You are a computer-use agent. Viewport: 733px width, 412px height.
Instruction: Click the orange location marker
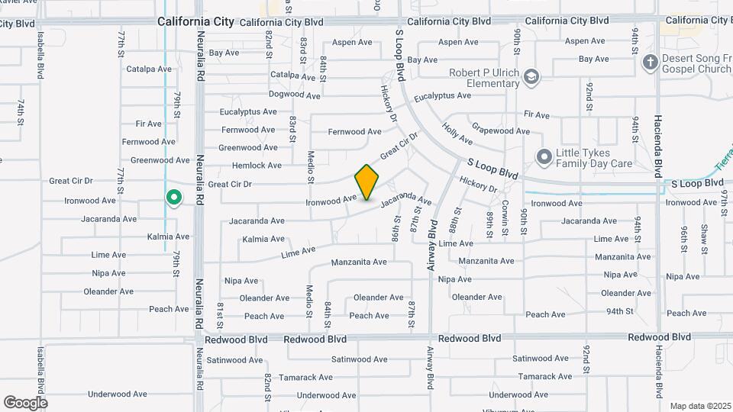click(367, 182)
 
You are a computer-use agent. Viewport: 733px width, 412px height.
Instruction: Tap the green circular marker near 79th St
click(173, 198)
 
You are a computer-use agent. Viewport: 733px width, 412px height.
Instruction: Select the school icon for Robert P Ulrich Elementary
click(531, 76)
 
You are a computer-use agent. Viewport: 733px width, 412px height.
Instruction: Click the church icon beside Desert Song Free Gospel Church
click(650, 62)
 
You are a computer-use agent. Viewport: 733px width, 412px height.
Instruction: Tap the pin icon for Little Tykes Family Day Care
click(544, 157)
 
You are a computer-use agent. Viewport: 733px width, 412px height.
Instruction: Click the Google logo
click(25, 402)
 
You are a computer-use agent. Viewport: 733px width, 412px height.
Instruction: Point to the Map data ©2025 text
click(699, 406)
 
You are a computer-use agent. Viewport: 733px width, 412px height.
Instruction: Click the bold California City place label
click(195, 22)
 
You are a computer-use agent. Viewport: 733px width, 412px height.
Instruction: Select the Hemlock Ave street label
click(257, 166)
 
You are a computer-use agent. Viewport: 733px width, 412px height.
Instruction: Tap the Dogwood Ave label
click(295, 95)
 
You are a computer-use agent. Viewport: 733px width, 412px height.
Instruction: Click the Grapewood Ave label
click(501, 131)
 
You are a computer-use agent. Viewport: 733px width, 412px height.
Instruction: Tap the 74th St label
click(21, 111)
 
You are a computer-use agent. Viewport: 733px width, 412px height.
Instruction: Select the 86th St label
click(397, 227)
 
